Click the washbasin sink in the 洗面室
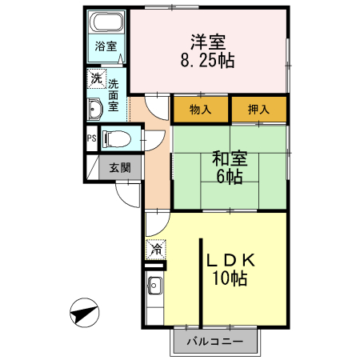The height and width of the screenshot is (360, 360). (95, 108)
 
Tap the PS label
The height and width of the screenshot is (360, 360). (90, 137)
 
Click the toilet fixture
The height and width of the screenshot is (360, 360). (115, 137)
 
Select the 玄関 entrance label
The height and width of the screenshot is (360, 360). (121, 167)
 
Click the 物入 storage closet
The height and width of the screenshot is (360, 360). (201, 110)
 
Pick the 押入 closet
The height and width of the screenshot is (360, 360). (258, 110)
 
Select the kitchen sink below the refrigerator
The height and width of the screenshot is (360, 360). (154, 286)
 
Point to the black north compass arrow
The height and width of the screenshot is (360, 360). (84, 313)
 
